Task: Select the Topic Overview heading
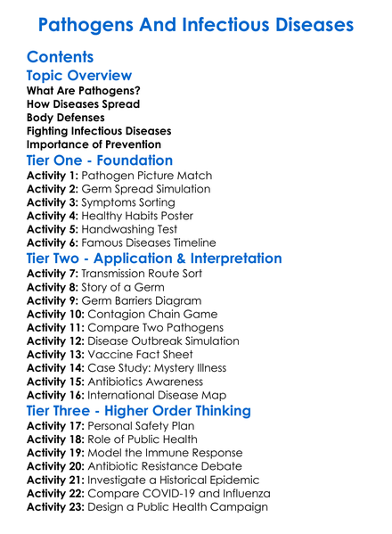[x=79, y=76]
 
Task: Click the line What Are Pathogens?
[x=83, y=91]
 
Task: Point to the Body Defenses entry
[x=65, y=117]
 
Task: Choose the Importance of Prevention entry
[x=94, y=144]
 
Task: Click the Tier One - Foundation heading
[x=100, y=161]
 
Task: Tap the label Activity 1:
[x=53, y=177]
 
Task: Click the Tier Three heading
[x=151, y=411]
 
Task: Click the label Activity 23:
[x=57, y=506]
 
